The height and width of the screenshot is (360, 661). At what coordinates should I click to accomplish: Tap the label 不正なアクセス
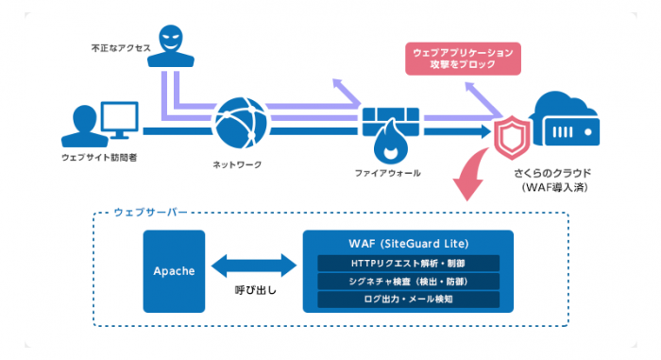(x=121, y=48)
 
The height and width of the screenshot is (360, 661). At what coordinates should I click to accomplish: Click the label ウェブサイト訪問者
(x=99, y=158)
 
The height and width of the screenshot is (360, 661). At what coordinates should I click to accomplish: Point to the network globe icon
(x=241, y=123)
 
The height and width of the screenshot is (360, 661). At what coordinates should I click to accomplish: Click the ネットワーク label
(x=237, y=164)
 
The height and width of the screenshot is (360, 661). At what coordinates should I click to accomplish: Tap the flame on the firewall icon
(x=391, y=143)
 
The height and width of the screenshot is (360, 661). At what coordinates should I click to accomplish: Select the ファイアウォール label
(x=387, y=173)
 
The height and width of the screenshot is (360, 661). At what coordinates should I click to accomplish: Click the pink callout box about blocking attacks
(x=463, y=59)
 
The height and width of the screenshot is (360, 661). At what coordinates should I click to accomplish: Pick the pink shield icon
(x=512, y=138)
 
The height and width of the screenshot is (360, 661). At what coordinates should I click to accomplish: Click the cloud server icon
(x=565, y=119)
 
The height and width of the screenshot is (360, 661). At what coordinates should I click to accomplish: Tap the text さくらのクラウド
(x=552, y=173)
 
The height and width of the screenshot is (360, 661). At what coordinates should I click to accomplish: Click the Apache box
(x=174, y=271)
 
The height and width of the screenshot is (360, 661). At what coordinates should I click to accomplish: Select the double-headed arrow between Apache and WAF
(x=254, y=266)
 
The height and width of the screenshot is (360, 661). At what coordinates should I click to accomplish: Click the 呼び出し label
(x=256, y=290)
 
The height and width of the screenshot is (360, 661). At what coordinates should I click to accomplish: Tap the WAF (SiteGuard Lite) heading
(x=409, y=244)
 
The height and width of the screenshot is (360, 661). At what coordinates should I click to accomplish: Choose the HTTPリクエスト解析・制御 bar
(x=408, y=264)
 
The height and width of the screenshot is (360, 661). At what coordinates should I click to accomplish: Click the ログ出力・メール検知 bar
(x=408, y=300)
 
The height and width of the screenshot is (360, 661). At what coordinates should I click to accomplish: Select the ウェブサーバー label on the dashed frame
(x=150, y=212)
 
